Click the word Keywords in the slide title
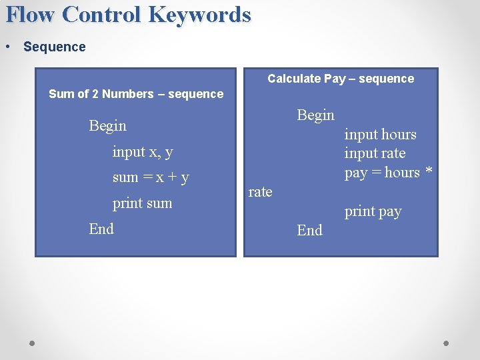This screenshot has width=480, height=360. [201, 14]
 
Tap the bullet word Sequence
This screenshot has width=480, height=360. [54, 47]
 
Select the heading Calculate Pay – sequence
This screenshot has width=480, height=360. [341, 79]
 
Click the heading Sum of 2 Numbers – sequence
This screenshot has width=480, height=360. [136, 94]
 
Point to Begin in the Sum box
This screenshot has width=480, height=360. [107, 125]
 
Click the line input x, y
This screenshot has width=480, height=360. [143, 151]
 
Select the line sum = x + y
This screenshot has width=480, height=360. [151, 177]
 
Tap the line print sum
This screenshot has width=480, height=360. [142, 203]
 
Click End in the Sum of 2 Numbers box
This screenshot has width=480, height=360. [101, 229]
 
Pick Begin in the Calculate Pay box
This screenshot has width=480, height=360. [315, 115]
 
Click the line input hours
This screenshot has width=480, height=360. [380, 134]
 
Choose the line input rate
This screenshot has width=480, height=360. [375, 153]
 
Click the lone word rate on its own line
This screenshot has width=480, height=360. [260, 192]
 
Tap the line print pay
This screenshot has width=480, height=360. [373, 211]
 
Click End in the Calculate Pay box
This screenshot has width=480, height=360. [309, 230]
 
